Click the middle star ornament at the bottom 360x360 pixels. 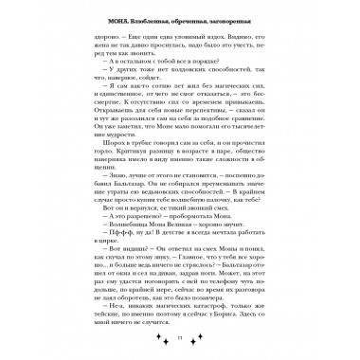point(181,338)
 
